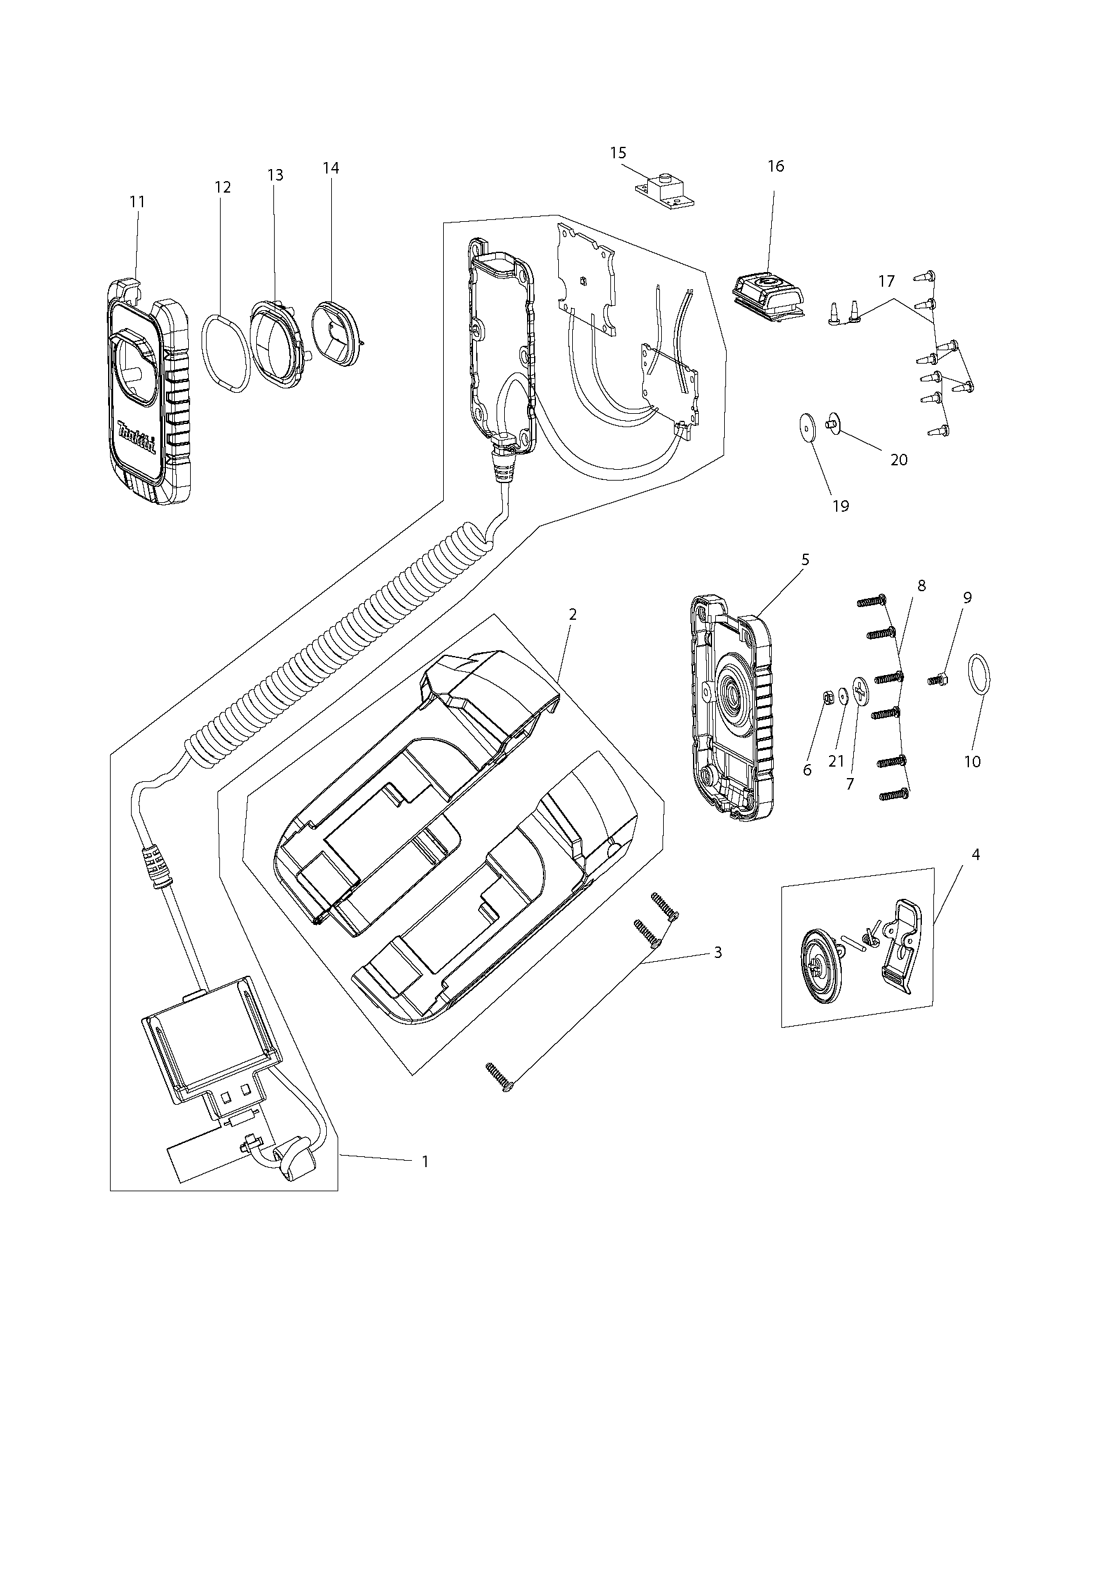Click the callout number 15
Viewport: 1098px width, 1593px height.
[618, 153]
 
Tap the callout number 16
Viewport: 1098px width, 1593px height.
[776, 167]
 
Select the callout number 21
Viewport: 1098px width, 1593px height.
[836, 762]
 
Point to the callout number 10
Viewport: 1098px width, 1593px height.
[972, 762]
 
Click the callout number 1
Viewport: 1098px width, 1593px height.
[425, 1162]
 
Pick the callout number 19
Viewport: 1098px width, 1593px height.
[841, 506]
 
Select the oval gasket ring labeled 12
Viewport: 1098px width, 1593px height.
[225, 353]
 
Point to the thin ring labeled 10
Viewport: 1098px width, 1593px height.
[980, 677]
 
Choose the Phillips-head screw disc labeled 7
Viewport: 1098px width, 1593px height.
[861, 690]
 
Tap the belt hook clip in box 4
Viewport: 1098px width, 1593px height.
[900, 946]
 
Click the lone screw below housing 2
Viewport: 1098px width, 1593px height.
[500, 1077]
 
